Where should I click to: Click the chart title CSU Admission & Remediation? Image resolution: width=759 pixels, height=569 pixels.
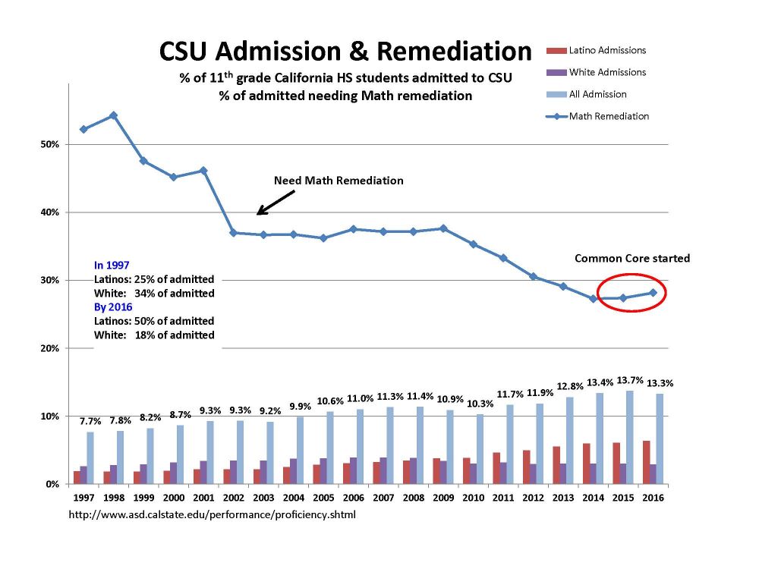pyautogui.click(x=345, y=52)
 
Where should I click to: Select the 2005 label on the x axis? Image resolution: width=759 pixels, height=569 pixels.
pyautogui.click(x=323, y=498)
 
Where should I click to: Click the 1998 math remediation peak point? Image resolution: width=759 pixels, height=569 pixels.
pyautogui.click(x=113, y=115)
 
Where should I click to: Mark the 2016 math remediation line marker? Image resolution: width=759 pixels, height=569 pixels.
pyautogui.click(x=653, y=293)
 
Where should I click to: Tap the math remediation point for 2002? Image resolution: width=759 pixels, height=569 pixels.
pyautogui.click(x=233, y=233)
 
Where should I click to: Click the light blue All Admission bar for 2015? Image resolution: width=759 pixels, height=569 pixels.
pyautogui.click(x=629, y=437)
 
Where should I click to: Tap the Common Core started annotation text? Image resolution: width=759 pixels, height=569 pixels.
pyautogui.click(x=631, y=259)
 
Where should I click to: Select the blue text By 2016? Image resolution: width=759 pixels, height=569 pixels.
pyautogui.click(x=113, y=307)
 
